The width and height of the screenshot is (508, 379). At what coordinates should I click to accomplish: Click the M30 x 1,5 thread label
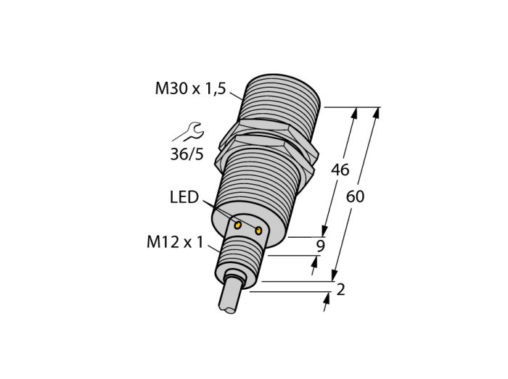point(190,88)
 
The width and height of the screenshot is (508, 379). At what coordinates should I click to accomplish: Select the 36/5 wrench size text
point(187,154)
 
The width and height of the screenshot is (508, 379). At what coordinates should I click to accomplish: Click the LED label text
point(184,197)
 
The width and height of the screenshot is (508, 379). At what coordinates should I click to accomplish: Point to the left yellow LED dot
point(238,225)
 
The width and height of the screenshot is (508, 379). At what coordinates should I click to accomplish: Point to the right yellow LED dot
point(258,230)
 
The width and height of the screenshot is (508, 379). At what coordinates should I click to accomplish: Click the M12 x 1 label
point(175,242)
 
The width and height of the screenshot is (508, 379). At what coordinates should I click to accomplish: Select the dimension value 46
point(340,170)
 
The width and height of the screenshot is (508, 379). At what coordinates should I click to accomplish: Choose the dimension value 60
point(355,196)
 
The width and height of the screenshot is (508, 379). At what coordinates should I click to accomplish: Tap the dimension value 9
point(320,246)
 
